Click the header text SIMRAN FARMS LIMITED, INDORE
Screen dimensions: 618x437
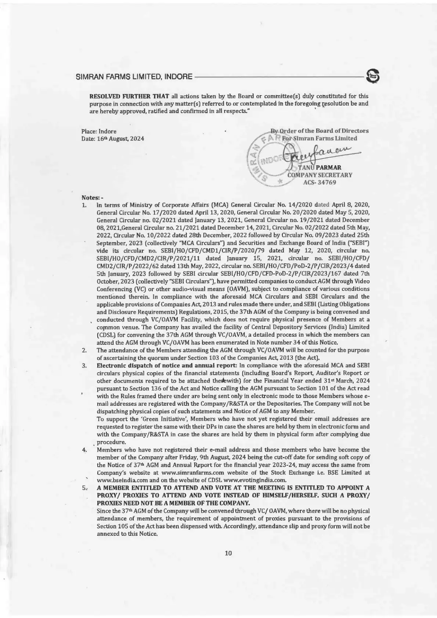[x=134, y=77]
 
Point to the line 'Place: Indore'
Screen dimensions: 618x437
[x=99, y=131]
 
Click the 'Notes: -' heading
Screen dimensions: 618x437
[x=90, y=198]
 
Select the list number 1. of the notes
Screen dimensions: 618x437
[x=84, y=204]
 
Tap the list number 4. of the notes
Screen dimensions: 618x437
[x=84, y=449]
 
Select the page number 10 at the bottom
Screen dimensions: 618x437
[x=228, y=553]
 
